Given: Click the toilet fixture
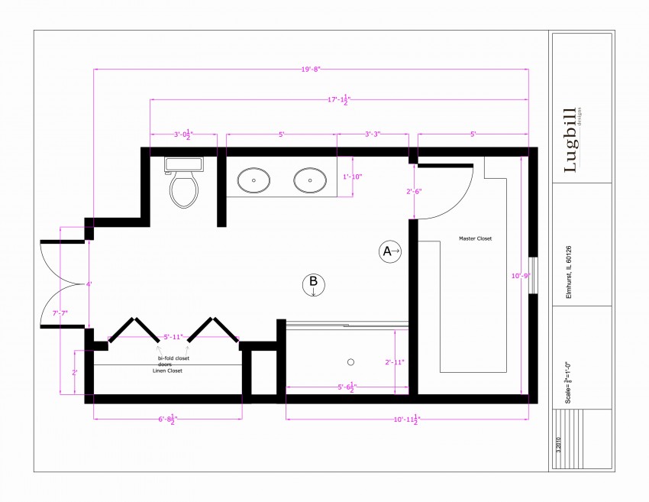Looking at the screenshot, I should coord(183,183).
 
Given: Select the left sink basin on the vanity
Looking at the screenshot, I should coord(253,181).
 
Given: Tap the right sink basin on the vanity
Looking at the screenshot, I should coord(310,181).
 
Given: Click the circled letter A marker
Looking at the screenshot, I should coord(390,251).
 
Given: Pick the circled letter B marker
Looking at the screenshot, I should coord(313,284).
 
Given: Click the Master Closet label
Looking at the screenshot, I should coord(475,238).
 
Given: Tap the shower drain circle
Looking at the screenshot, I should coord(351,361).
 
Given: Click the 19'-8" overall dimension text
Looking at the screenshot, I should coord(311,70).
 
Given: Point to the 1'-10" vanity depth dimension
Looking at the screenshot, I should coord(352,177).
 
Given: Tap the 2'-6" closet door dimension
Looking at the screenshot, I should coord(414,191).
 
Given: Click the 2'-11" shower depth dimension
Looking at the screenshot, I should coord(394,362).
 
